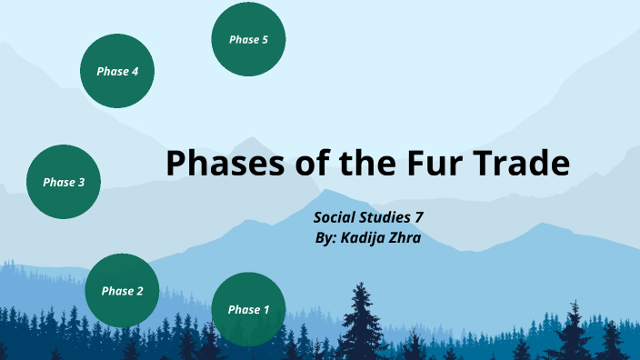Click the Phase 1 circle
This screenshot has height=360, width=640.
coord(248,309)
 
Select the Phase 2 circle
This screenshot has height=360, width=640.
coord(122,291)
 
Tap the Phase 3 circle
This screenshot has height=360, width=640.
coord(63,182)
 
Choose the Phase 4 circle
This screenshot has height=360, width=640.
coord(117,71)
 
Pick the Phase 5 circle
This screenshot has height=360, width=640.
coord(248,39)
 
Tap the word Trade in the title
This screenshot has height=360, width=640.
coord(521,164)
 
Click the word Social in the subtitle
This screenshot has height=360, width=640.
coord(335,217)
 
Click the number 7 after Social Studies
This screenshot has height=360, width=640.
coord(421,217)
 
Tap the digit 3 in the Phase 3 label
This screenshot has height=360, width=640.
coord(81,182)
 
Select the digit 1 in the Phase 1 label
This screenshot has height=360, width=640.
coord(265,309)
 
